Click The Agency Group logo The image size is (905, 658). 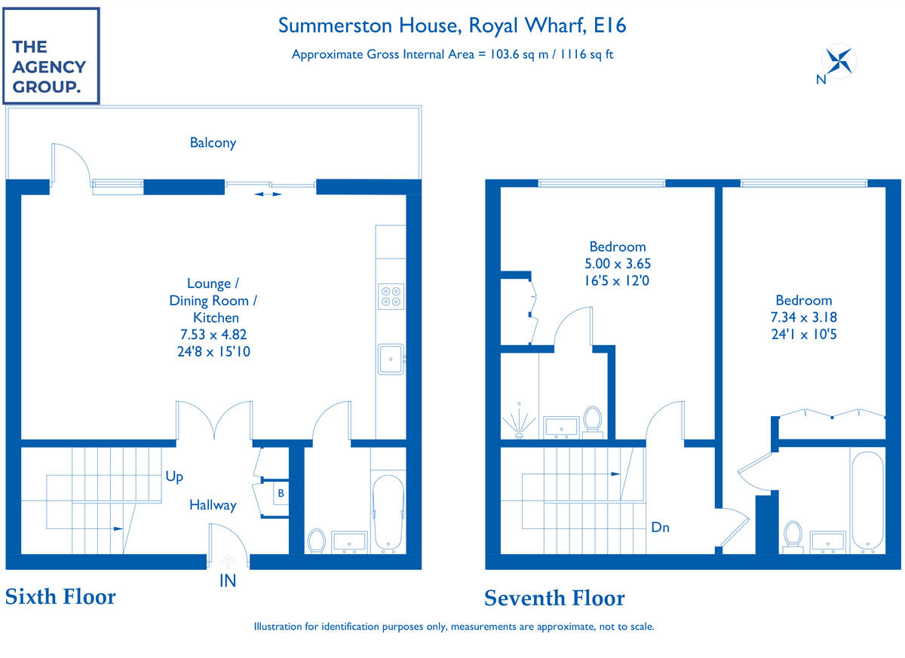[51, 55]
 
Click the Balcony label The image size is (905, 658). [213, 142]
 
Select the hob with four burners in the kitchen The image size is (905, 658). [390, 295]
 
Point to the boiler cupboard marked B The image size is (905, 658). [281, 494]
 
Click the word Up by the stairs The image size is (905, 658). [174, 477]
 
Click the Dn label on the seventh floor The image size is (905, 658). [660, 528]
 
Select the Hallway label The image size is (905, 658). [213, 505]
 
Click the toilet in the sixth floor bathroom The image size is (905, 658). [317, 540]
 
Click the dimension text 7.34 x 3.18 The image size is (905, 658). [804, 317]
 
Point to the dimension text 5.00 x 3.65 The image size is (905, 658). [618, 264]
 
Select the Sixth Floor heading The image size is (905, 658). [60, 597]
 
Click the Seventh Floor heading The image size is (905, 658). [554, 598]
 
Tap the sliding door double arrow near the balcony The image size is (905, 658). [268, 194]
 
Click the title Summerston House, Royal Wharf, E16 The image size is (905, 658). [452, 25]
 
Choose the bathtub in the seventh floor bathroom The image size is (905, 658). [867, 501]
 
